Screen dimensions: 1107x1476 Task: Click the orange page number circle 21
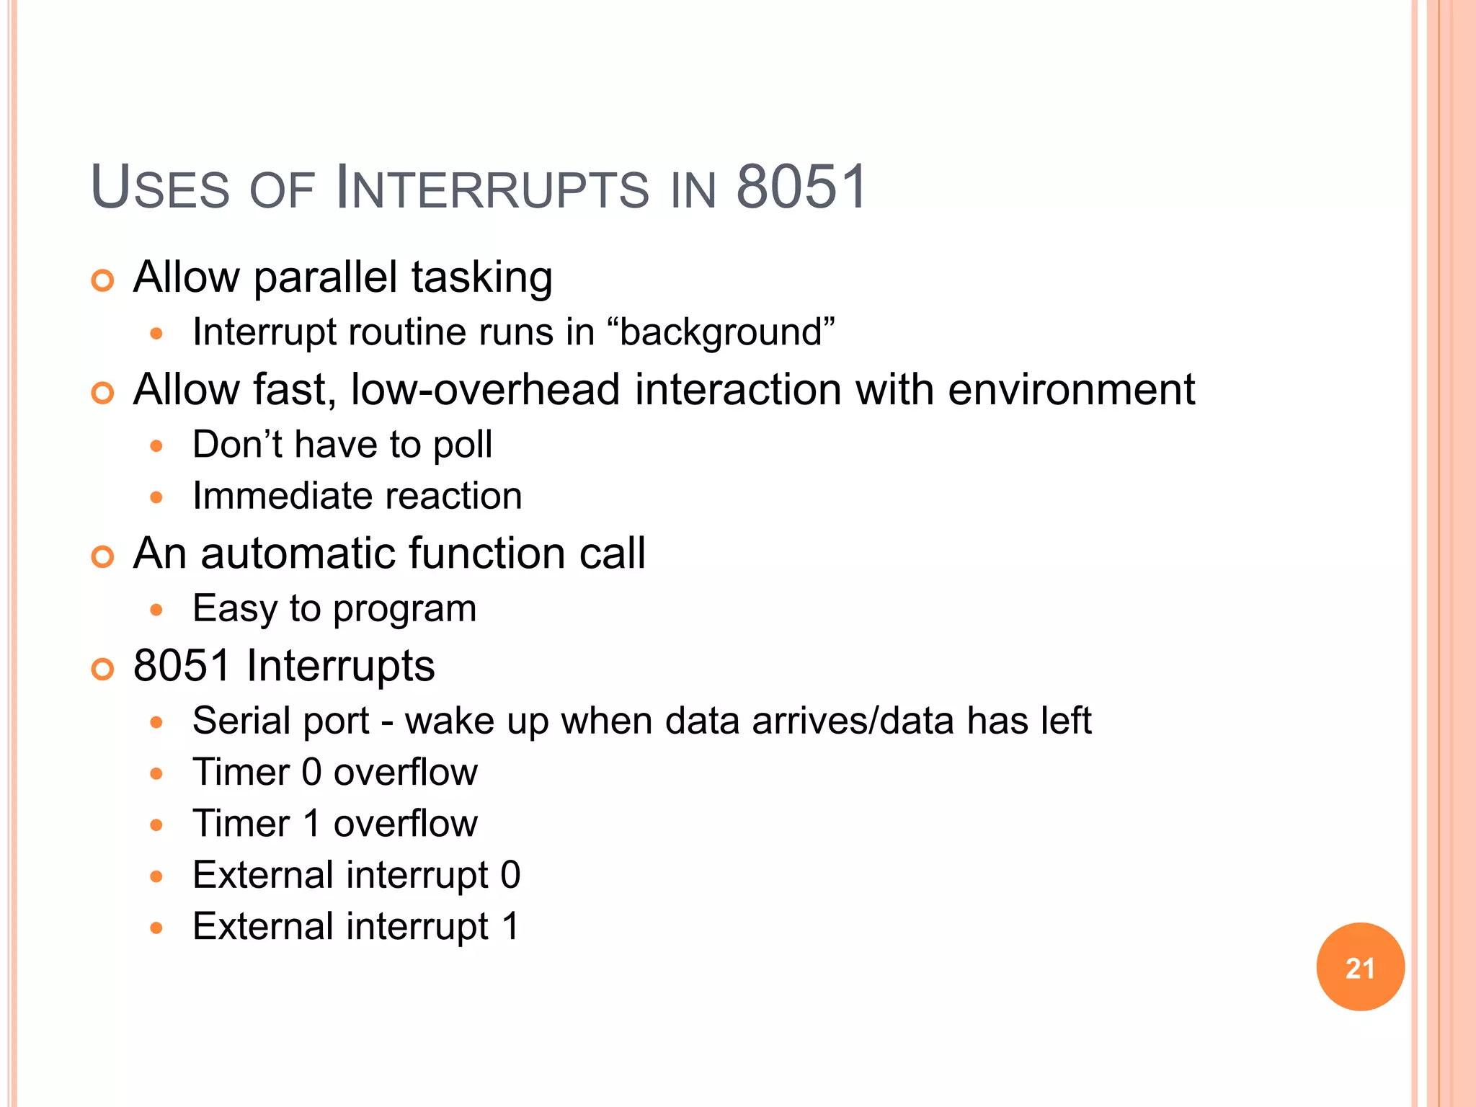(x=1360, y=967)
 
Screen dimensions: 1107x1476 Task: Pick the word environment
(x=1072, y=390)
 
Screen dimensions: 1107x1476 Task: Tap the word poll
(x=463, y=445)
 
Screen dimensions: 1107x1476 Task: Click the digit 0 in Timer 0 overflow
(x=311, y=773)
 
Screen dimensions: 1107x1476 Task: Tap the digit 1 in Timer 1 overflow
(x=311, y=824)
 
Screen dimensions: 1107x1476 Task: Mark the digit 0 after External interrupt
(x=510, y=875)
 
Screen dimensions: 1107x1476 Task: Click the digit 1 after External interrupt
(x=510, y=927)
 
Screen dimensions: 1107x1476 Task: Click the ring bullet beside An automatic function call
(x=103, y=556)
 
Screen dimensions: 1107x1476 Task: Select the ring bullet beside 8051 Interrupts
(x=103, y=669)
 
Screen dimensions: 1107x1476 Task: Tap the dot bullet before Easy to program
(x=156, y=610)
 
